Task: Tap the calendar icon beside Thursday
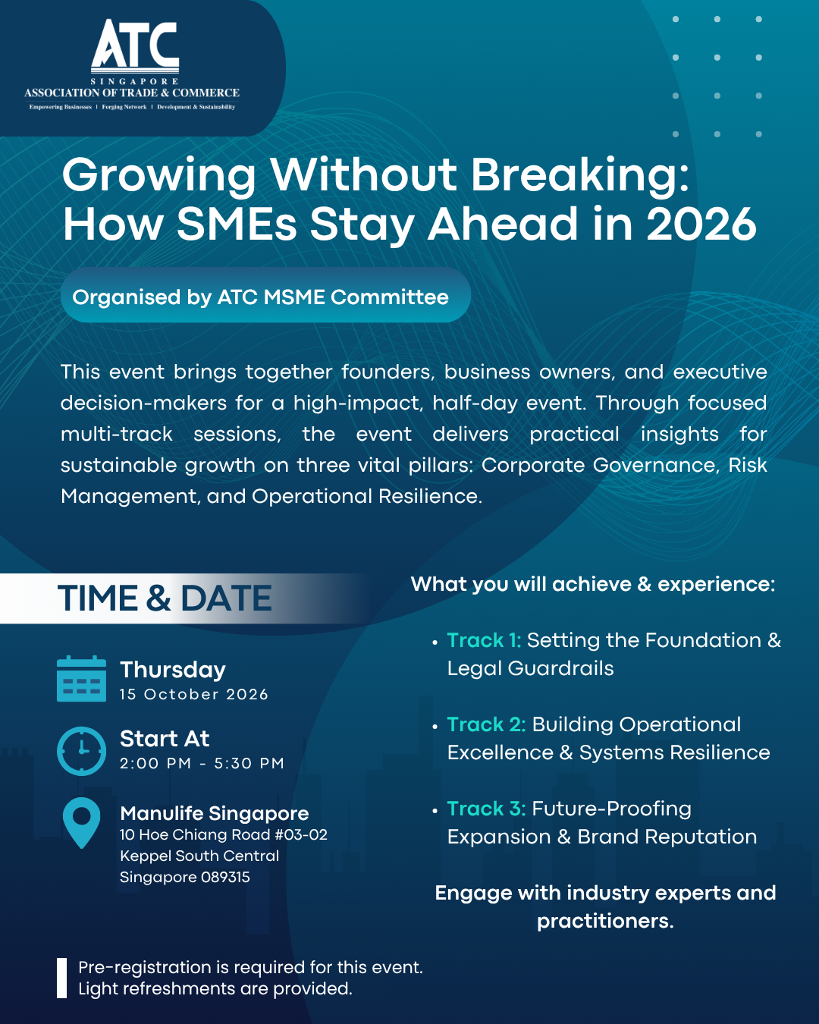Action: pyautogui.click(x=81, y=679)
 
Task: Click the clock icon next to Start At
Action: pyautogui.click(x=81, y=751)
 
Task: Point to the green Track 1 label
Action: pyautogui.click(x=484, y=640)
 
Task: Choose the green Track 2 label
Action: pyautogui.click(x=486, y=724)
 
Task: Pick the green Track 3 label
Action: pyautogui.click(x=486, y=809)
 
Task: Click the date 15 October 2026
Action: pyautogui.click(x=194, y=694)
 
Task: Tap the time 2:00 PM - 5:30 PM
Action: pyautogui.click(x=202, y=763)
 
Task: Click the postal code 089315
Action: pyautogui.click(x=225, y=877)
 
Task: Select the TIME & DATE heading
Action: pyautogui.click(x=165, y=598)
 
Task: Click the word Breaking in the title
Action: pyautogui.click(x=579, y=176)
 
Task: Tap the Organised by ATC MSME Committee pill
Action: pyautogui.click(x=265, y=295)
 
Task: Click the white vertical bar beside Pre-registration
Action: pyautogui.click(x=62, y=978)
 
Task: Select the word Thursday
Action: pyautogui.click(x=173, y=670)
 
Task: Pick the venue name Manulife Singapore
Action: pyautogui.click(x=214, y=814)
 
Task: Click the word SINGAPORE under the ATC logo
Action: pyautogui.click(x=135, y=81)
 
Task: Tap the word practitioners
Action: pyautogui.click(x=605, y=922)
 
